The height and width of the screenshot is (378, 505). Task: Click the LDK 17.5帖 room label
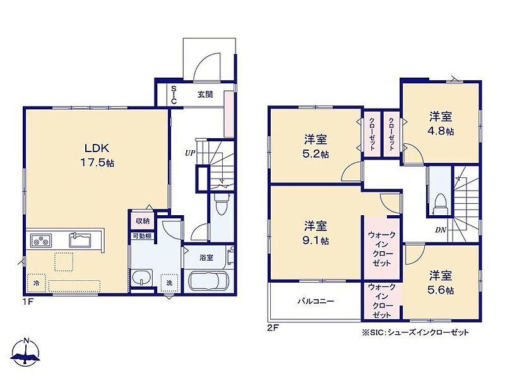click(x=97, y=155)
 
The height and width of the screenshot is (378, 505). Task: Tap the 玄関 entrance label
click(x=205, y=95)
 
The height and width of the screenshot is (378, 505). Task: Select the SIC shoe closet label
click(x=174, y=95)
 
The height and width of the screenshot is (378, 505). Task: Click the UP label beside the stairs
click(x=190, y=153)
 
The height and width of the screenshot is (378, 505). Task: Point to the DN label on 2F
click(x=440, y=230)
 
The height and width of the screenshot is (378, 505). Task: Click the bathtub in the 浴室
click(x=209, y=281)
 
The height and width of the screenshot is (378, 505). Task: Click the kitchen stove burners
click(x=41, y=240)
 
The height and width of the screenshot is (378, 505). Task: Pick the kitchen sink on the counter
click(x=80, y=240)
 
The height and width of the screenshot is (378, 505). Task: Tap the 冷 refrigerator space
click(x=37, y=283)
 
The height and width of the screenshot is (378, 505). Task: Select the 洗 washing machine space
click(x=169, y=283)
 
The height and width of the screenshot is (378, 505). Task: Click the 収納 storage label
click(x=143, y=221)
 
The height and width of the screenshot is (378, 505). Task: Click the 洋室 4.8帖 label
click(x=441, y=123)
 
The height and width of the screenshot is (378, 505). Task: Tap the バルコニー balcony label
click(x=316, y=302)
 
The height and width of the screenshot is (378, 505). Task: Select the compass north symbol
click(x=25, y=351)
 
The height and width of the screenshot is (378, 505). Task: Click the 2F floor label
click(x=273, y=328)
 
